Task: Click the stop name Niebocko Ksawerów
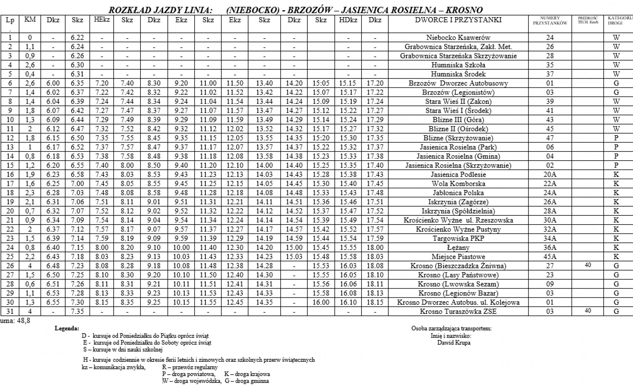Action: [x=458, y=38]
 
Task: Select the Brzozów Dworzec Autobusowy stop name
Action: [x=458, y=83]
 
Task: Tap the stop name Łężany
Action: [x=458, y=248]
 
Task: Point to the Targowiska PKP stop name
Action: [x=458, y=239]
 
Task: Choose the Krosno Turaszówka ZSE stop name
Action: [x=458, y=311]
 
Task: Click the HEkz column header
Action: [x=102, y=20]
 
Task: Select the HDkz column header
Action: [x=348, y=20]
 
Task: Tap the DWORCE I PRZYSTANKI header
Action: [x=458, y=20]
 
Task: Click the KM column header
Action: [x=30, y=20]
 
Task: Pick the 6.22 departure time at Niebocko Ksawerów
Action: [x=78, y=38]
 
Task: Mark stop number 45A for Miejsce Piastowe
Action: [x=550, y=257]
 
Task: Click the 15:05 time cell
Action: [x=321, y=83]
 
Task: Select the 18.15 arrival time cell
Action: [x=375, y=302]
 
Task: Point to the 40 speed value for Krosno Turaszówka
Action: [x=588, y=311]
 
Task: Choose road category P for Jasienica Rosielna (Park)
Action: [x=616, y=147]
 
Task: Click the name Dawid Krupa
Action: [x=454, y=343]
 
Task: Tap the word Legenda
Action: [x=67, y=328]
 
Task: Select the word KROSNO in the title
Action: [x=464, y=10]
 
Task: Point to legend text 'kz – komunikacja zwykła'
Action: [x=113, y=367]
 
